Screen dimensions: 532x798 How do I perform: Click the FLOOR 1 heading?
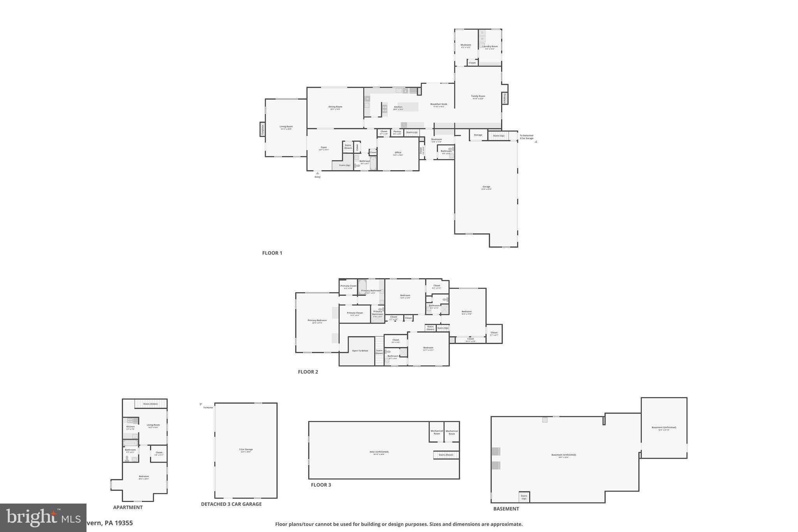pyautogui.click(x=272, y=253)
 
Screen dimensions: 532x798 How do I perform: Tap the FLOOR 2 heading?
pyautogui.click(x=308, y=372)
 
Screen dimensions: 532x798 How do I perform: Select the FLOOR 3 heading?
pyautogui.click(x=321, y=485)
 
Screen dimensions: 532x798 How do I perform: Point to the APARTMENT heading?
pyautogui.click(x=128, y=507)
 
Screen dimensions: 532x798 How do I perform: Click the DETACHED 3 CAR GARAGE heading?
pyautogui.click(x=231, y=504)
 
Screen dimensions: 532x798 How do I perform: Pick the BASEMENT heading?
pyautogui.click(x=506, y=509)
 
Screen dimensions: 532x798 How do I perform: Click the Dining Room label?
pyautogui.click(x=335, y=107)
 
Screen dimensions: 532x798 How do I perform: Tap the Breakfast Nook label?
pyautogui.click(x=438, y=104)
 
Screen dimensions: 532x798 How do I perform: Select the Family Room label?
pyautogui.click(x=478, y=96)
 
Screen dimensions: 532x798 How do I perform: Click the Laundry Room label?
pyautogui.click(x=490, y=46)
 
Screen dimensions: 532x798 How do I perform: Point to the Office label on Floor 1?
pyautogui.click(x=397, y=153)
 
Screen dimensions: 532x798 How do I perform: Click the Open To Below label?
pyautogui.click(x=360, y=351)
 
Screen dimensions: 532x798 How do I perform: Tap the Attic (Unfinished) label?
pyautogui.click(x=379, y=452)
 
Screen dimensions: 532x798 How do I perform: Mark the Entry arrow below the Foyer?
pyautogui.click(x=317, y=173)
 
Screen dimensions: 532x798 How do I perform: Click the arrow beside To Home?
pyautogui.click(x=201, y=404)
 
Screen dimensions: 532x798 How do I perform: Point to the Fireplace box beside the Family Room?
pyautogui.click(x=505, y=98)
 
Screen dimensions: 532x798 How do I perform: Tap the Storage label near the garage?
pyautogui.click(x=478, y=135)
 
